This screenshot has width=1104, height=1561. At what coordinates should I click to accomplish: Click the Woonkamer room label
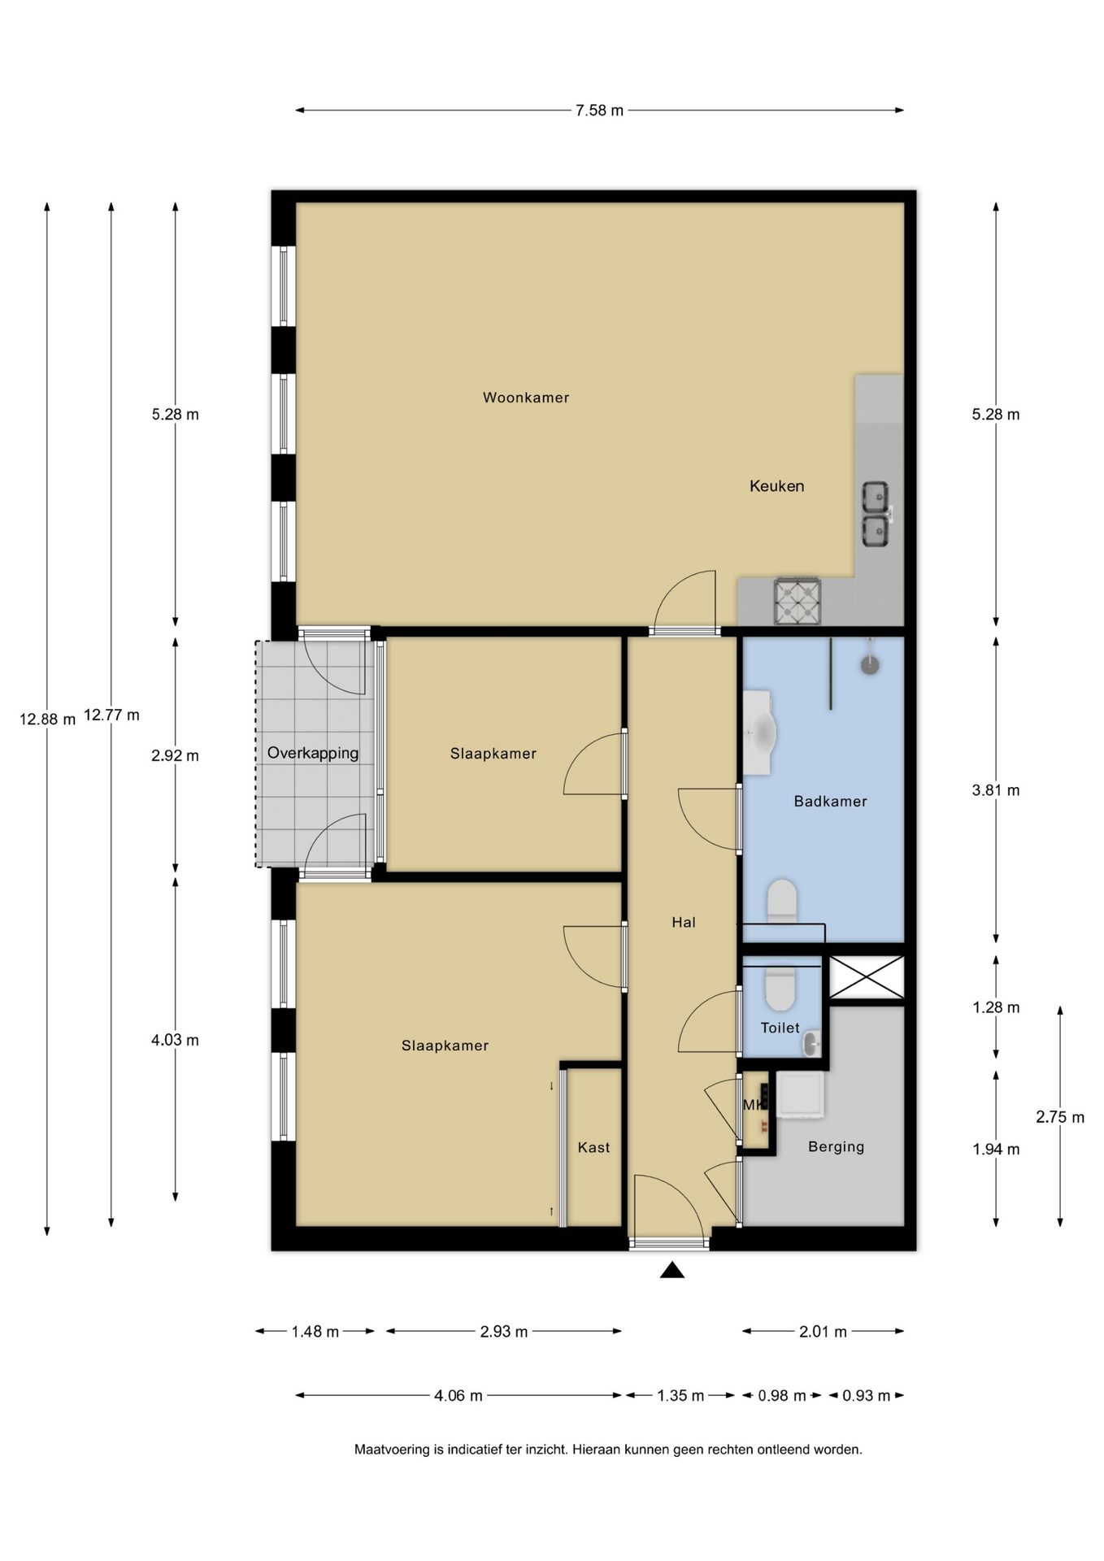526,398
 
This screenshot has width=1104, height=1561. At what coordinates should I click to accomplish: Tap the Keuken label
776,486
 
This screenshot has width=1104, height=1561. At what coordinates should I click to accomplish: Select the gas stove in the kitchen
798,601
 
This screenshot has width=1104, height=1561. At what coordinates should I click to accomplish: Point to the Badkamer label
830,802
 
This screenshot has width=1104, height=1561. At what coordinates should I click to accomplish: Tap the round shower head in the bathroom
870,664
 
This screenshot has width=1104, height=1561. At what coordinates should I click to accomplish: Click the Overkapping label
313,753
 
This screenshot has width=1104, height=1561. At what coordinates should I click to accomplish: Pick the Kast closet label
593,1147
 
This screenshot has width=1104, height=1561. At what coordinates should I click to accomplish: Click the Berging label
836,1147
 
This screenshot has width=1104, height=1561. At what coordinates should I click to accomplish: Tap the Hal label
684,922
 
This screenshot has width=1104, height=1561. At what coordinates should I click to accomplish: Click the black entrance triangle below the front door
672,1270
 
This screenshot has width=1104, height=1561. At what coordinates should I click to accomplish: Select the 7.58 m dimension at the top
599,111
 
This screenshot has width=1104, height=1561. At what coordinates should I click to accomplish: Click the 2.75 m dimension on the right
1060,1117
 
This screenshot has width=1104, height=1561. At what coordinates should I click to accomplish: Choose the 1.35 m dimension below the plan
680,1396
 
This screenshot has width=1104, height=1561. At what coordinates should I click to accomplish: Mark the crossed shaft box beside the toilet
866,977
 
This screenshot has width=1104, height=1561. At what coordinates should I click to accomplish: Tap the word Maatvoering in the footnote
392,1450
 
